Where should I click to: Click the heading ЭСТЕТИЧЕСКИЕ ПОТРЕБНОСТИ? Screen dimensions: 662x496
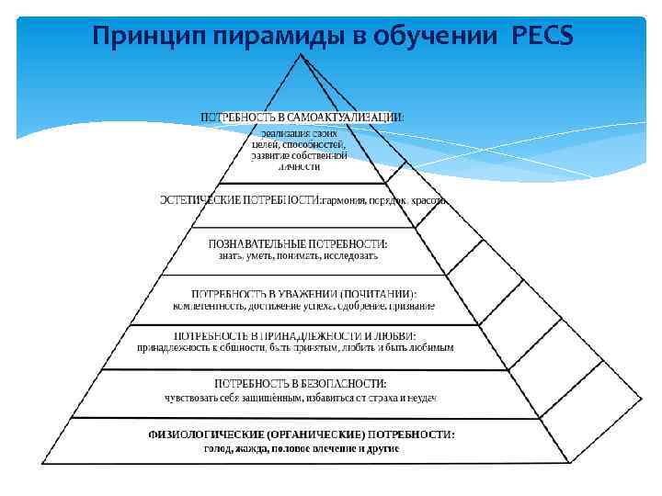coord(240,199)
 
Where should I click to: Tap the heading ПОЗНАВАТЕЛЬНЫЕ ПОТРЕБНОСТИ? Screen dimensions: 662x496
coord(299,243)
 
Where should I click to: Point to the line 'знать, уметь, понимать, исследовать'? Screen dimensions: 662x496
coord(299,256)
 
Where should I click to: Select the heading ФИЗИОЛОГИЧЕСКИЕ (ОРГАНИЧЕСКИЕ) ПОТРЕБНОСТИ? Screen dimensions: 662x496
coord(302,434)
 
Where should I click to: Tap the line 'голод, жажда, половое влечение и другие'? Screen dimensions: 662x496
coord(302,447)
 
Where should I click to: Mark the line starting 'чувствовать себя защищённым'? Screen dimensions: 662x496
coord(300,397)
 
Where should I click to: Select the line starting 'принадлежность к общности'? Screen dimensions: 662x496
coord(295,349)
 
